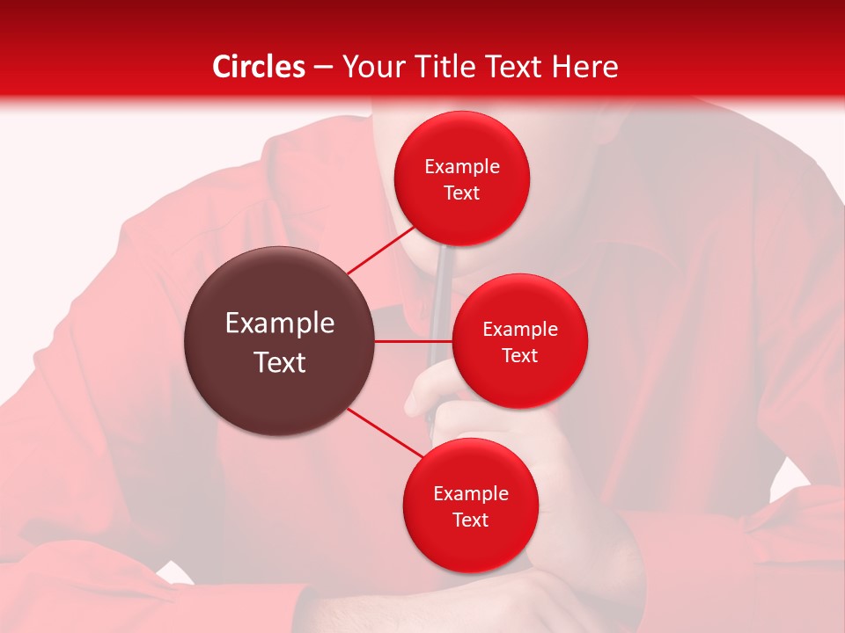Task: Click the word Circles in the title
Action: pos(259,67)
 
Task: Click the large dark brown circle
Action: pos(279,341)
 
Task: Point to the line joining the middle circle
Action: pos(413,341)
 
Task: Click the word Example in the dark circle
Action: pos(280,324)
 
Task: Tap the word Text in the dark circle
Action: pos(280,362)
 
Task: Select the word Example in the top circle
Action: pos(462,167)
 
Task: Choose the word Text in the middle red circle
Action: pos(520,356)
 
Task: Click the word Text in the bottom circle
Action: pos(471,520)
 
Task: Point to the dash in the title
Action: pos(323,67)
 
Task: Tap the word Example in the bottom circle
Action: pos(471,494)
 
